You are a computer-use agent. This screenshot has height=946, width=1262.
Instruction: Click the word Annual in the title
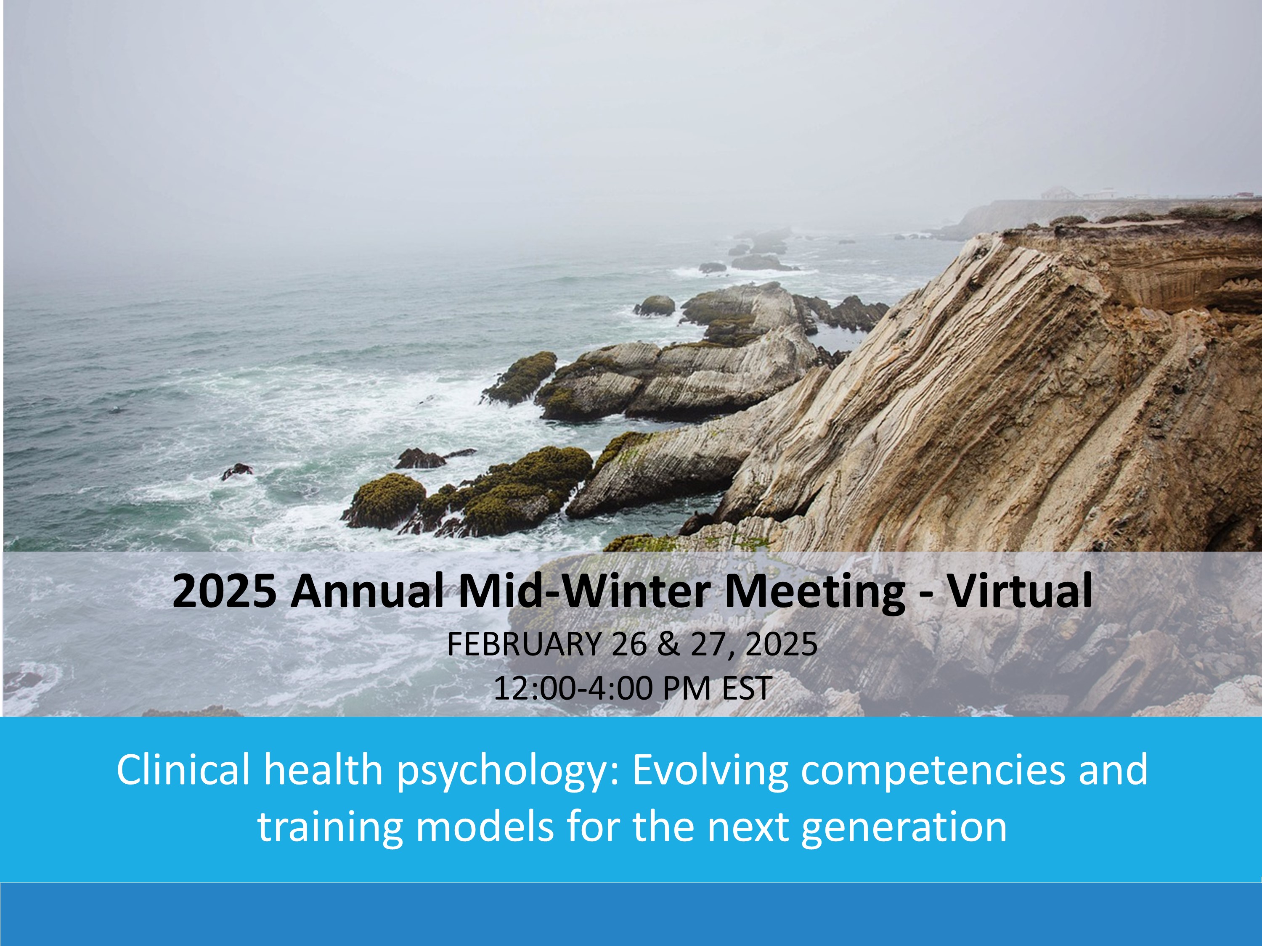(367, 591)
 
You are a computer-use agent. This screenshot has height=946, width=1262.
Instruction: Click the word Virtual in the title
(1020, 591)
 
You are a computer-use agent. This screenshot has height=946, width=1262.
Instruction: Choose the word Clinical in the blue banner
(183, 769)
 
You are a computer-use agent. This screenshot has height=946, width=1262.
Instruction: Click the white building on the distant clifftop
(1060, 193)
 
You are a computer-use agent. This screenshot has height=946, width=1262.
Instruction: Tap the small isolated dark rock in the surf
(237, 471)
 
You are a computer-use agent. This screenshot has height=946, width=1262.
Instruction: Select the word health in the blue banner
(323, 769)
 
